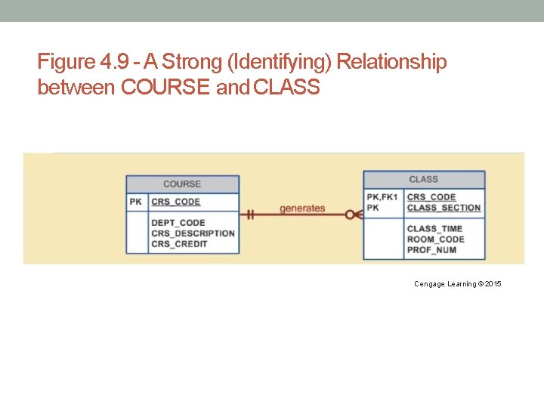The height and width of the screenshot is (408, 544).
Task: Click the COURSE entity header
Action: pos(182,184)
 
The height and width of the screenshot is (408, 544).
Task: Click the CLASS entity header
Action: pos(423,179)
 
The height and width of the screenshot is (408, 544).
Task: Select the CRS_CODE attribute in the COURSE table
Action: pos(175,202)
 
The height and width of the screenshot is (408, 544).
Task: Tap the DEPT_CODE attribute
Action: pos(178,223)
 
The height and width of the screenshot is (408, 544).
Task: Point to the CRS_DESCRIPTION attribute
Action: pos(193,233)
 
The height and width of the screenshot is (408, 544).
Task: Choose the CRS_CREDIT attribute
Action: pos(179,244)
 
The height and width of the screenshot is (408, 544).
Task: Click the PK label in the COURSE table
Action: pos(135,202)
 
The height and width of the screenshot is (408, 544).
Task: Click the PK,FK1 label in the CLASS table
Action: pos(382,197)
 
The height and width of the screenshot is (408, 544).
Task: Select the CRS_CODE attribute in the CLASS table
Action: pos(431,197)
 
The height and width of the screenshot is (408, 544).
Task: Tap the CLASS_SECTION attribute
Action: pos(444,208)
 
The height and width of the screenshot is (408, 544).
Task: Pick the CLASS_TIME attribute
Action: pos(434,229)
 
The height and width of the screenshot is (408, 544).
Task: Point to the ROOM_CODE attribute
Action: pos(435,240)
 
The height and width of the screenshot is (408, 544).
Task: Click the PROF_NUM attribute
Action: pos(431,250)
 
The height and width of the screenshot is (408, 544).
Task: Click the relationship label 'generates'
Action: pos(302,209)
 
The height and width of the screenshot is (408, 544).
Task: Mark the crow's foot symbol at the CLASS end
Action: pos(354,215)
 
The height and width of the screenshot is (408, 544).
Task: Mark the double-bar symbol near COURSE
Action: pos(249,215)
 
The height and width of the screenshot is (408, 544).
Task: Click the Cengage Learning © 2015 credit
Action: pos(457,284)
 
